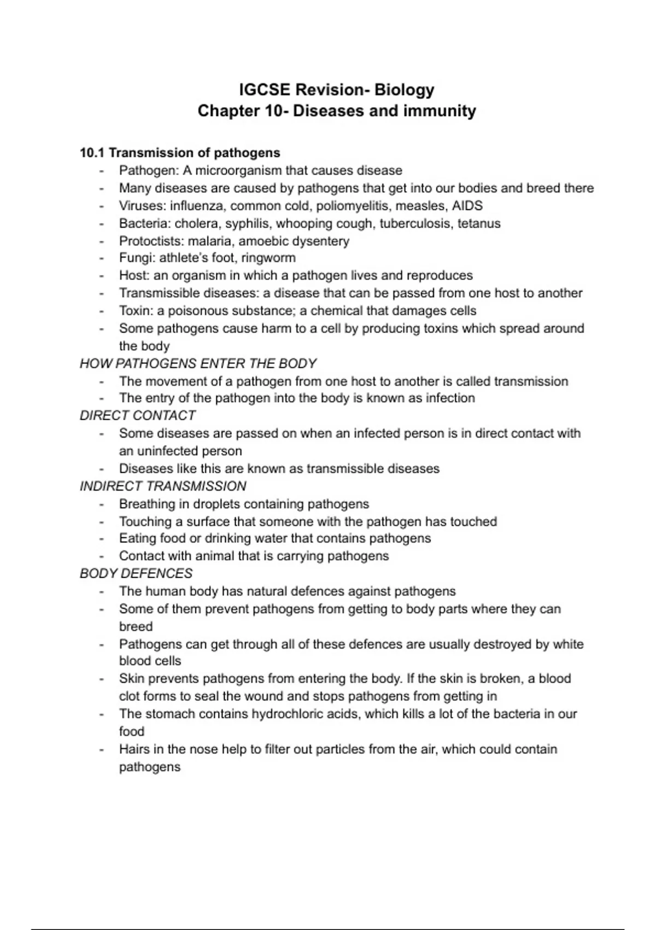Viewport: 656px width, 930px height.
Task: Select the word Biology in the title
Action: [404, 90]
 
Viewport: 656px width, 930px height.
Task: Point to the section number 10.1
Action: [92, 153]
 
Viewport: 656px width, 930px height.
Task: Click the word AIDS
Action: [467, 206]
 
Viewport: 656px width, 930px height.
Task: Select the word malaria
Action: [208, 241]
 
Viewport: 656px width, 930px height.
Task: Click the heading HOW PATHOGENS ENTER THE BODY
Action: [198, 364]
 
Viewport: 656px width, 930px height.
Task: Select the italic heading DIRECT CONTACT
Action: [137, 416]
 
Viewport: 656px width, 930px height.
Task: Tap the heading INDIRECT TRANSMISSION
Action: [163, 486]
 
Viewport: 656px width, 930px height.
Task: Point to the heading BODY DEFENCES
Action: [136, 573]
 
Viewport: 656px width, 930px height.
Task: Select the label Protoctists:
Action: [151, 241]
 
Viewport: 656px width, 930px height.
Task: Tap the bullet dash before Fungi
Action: [102, 258]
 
